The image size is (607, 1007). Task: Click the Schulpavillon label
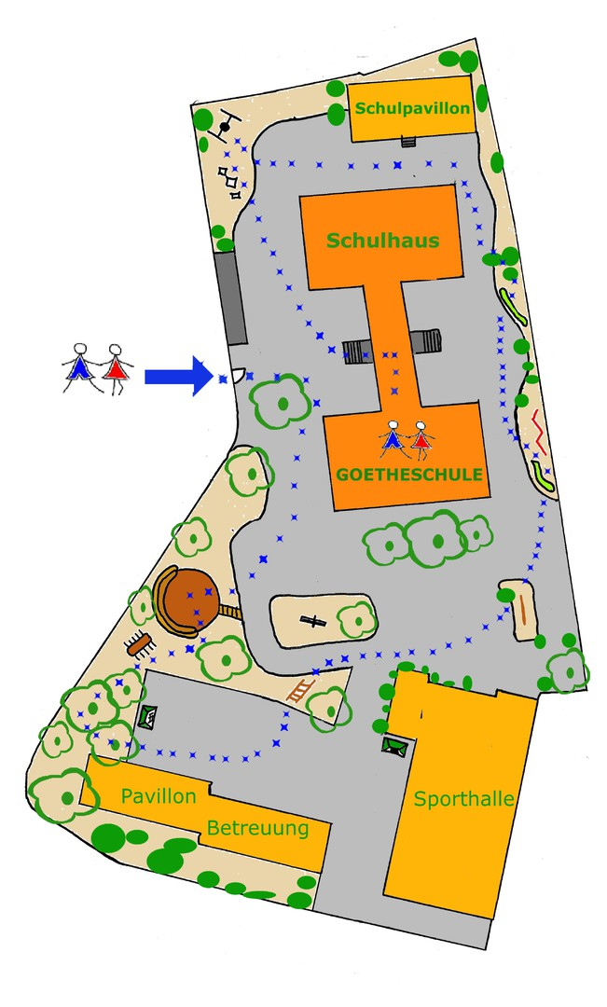click(412, 108)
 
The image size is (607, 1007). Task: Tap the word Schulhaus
click(382, 241)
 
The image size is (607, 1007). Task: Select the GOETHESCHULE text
click(409, 475)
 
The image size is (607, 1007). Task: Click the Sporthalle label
click(464, 799)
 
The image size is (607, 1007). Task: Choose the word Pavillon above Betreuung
click(159, 796)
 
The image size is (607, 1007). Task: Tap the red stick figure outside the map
click(116, 366)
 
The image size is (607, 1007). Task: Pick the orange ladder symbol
click(300, 691)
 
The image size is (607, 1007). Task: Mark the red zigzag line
click(538, 432)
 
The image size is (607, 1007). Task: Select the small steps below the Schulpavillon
click(407, 142)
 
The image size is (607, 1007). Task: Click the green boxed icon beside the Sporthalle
click(395, 745)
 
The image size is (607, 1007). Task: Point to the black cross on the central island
click(314, 620)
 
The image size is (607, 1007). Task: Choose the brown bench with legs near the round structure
click(141, 643)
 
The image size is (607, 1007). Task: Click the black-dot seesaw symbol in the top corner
click(224, 126)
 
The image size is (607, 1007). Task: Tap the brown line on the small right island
click(523, 611)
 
